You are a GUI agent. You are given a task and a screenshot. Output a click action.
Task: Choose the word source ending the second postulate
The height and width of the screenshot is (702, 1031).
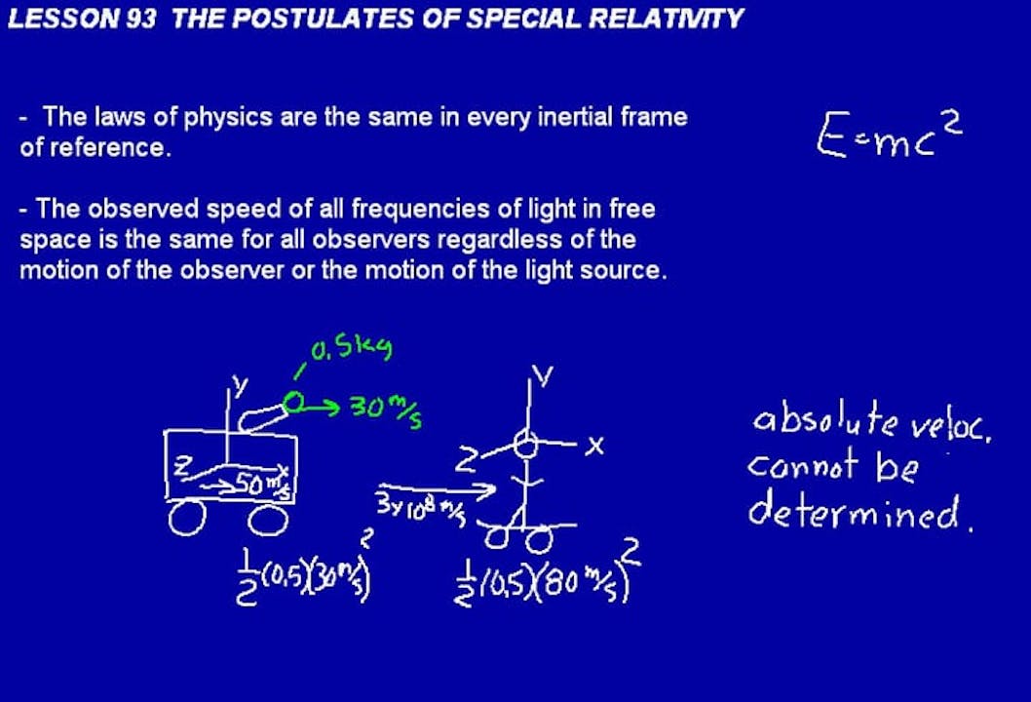(629, 270)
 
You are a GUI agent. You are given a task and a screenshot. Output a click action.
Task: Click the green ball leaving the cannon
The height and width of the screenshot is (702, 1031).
(294, 400)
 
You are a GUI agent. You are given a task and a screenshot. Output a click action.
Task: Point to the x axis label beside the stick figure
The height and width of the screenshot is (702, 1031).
(595, 446)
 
